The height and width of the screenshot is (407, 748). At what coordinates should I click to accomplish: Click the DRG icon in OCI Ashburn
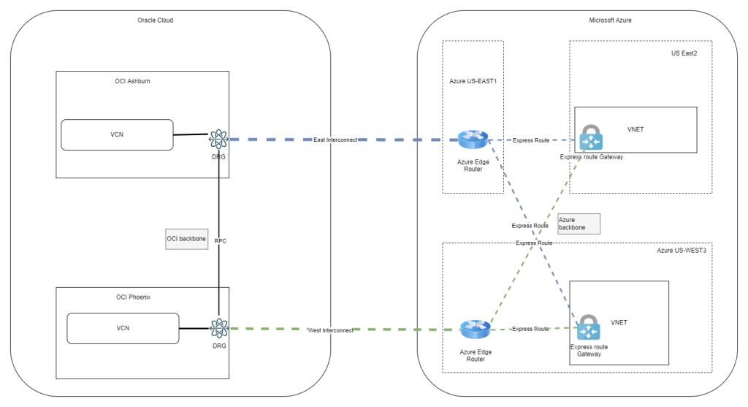219,138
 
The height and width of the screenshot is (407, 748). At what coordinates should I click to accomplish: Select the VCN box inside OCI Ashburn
117,135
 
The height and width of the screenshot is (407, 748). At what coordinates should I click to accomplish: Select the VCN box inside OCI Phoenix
123,328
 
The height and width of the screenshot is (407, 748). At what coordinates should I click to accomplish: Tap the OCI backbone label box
186,238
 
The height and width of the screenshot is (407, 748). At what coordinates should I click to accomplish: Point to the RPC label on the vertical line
220,240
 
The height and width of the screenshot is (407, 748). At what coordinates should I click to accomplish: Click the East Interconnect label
335,139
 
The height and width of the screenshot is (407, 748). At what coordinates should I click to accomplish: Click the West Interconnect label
331,330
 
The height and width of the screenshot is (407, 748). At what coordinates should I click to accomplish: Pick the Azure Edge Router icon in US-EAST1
473,139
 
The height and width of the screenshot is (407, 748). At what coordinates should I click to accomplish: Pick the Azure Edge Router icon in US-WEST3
474,330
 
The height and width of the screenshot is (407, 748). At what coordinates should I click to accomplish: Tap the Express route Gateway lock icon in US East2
590,138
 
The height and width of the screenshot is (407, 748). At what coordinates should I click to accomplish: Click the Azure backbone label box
578,224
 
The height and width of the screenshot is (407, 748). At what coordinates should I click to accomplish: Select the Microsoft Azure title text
610,20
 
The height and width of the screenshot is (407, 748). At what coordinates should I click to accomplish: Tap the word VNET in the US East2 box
636,129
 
